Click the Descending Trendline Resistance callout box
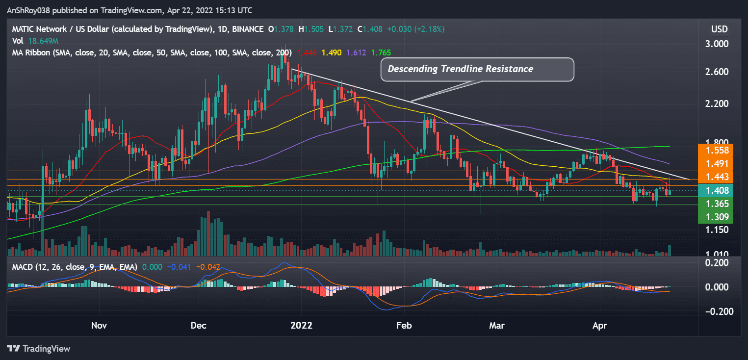(477, 69)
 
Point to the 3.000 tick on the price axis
(718, 44)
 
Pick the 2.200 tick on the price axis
(718, 103)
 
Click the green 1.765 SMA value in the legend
(381, 52)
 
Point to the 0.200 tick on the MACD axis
(718, 262)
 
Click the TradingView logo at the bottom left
(39, 349)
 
